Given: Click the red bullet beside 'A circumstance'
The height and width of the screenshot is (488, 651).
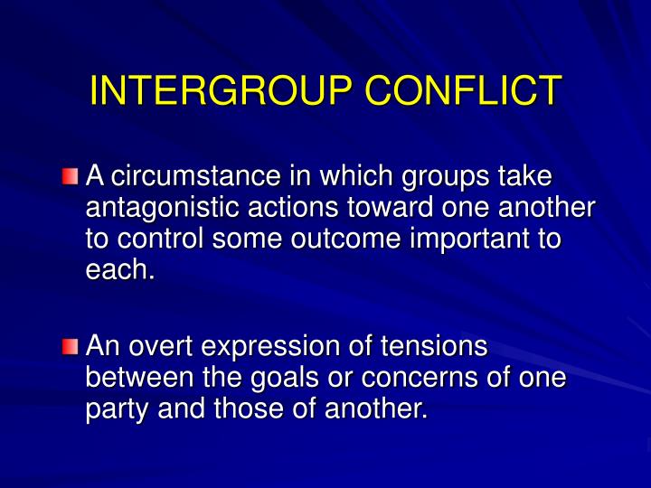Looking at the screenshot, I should (71, 174).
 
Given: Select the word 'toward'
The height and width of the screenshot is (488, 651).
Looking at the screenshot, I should (384, 207).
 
